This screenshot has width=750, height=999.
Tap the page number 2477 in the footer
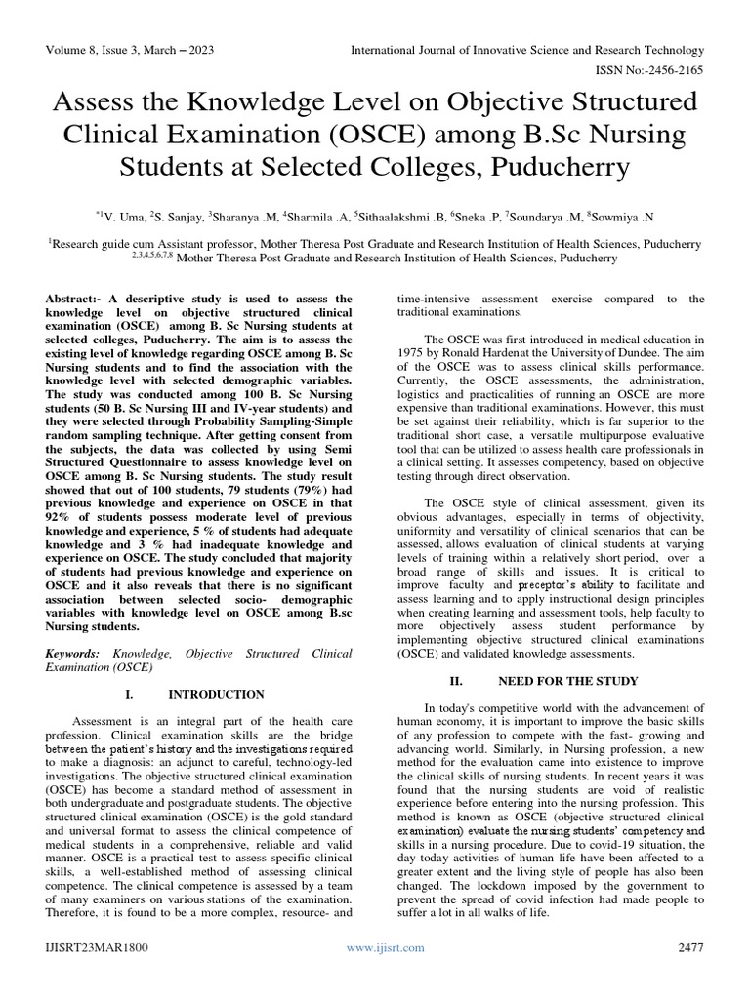point(688,947)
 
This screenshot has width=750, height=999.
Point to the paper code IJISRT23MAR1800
point(94,947)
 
